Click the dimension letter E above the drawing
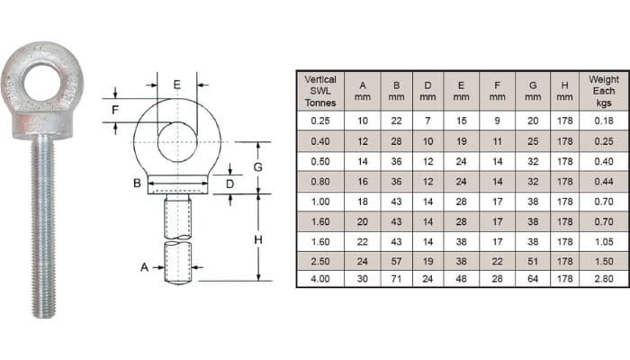176,85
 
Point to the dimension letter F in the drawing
114,110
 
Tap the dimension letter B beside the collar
138,184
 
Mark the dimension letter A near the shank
144,267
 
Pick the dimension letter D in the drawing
230,184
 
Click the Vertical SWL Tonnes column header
320,91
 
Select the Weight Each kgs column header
604,91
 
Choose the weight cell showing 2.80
604,279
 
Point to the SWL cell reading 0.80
320,180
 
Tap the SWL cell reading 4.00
320,279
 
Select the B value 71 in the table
395,279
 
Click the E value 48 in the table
462,279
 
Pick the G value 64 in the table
532,279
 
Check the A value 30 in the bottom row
362,279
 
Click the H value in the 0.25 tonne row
564,121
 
